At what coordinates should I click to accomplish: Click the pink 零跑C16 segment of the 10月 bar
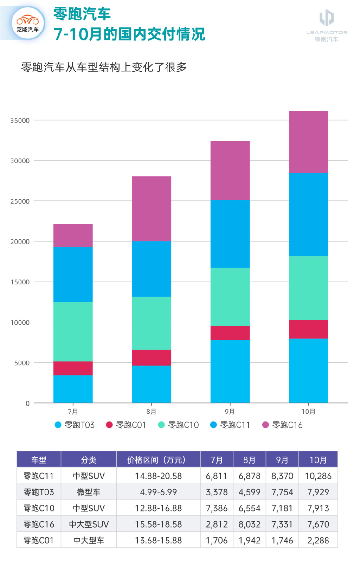(308, 142)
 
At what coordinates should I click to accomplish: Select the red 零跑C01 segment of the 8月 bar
(152, 357)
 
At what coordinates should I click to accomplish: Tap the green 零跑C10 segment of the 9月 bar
(230, 297)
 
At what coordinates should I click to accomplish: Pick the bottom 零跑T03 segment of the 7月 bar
(73, 389)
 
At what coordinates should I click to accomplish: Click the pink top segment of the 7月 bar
(73, 235)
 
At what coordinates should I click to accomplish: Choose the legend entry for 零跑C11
(230, 425)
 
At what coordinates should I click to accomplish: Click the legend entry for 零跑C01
(126, 425)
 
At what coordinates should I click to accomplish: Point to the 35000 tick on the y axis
(20, 121)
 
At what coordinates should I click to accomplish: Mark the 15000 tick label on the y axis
(20, 282)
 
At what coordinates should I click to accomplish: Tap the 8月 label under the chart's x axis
(152, 412)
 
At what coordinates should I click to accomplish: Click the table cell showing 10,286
(318, 476)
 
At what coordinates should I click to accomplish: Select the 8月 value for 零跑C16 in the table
(249, 524)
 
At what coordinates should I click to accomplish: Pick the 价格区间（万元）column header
(158, 460)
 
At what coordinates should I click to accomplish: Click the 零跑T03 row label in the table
(39, 492)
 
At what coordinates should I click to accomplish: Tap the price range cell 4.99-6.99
(158, 492)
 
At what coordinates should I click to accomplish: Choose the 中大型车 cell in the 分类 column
(89, 540)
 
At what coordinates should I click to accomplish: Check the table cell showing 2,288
(318, 540)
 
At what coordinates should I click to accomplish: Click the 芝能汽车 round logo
(28, 24)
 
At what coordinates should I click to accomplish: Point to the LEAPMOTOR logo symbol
(327, 18)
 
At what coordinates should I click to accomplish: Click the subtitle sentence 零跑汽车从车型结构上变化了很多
(104, 67)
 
